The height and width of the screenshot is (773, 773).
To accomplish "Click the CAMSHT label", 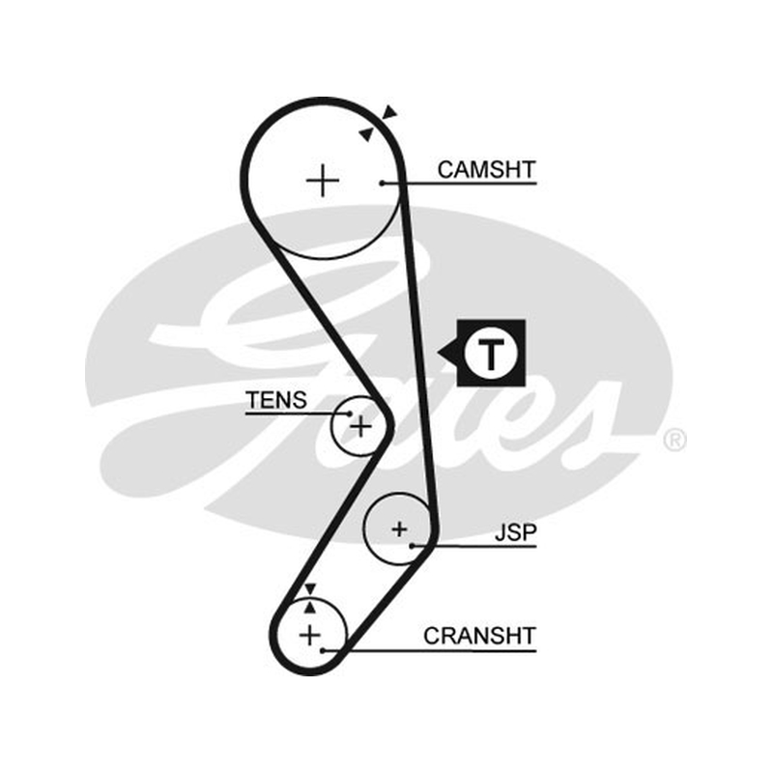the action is pyautogui.click(x=486, y=170).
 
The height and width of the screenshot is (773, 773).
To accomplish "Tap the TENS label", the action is pyautogui.click(x=276, y=400).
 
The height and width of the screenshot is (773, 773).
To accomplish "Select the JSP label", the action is pyautogui.click(x=515, y=533).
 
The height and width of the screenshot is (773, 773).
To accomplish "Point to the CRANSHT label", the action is pyautogui.click(x=479, y=636).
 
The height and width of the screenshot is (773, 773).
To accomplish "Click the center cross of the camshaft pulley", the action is pyautogui.click(x=323, y=181).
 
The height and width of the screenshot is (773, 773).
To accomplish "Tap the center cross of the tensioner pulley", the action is pyautogui.click(x=360, y=426).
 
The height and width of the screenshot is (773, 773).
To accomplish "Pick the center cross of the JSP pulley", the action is pyautogui.click(x=399, y=530).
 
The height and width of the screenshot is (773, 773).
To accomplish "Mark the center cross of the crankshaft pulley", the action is pyautogui.click(x=309, y=635).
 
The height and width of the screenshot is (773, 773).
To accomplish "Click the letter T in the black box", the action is pyautogui.click(x=491, y=353).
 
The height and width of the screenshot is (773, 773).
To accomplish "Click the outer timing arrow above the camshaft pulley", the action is pyautogui.click(x=390, y=112).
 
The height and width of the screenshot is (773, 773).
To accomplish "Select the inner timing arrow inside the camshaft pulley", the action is pyautogui.click(x=367, y=134).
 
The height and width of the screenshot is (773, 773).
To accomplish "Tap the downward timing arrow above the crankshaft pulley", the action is pyautogui.click(x=309, y=588).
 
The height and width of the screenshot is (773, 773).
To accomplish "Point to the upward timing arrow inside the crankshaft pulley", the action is pyautogui.click(x=309, y=608).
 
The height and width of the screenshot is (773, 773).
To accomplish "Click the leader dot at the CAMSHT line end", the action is pyautogui.click(x=382, y=184).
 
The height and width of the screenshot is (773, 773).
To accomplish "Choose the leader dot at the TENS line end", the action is pyautogui.click(x=350, y=414).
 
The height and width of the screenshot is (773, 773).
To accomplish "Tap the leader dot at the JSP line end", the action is pyautogui.click(x=412, y=546).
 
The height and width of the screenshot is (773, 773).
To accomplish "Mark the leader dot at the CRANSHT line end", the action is pyautogui.click(x=322, y=650).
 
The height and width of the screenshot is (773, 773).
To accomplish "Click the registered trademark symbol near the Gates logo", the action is pyautogui.click(x=674, y=440).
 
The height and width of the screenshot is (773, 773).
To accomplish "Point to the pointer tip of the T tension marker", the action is pyautogui.click(x=438, y=353).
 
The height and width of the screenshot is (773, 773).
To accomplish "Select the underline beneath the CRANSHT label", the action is pyautogui.click(x=429, y=650).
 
